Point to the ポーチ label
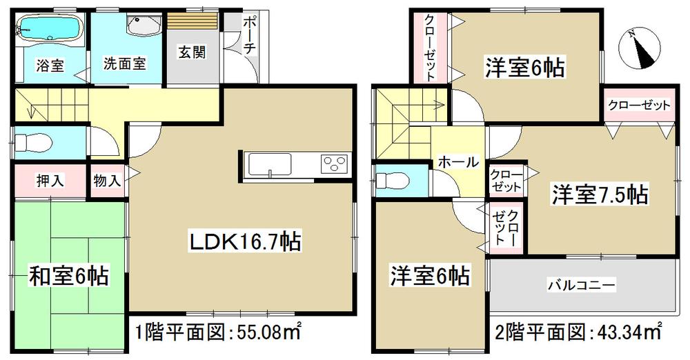pos(248,41)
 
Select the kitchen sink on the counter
pos(271,165)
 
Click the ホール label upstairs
pos(457,162)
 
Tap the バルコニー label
pos(581,283)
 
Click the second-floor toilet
pos(391,181)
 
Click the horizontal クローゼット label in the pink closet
pos(639,106)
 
